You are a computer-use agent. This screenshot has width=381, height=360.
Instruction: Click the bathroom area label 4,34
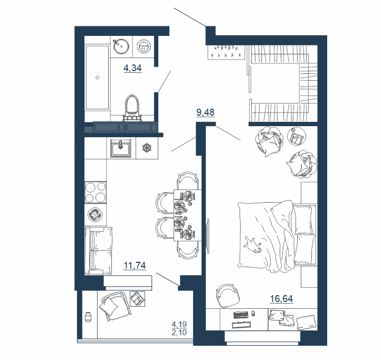click(132, 68)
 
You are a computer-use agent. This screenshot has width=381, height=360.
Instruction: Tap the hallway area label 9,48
click(205, 112)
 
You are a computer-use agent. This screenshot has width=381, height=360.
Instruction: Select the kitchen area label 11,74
click(135, 266)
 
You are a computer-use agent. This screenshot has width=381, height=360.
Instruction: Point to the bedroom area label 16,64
click(281, 298)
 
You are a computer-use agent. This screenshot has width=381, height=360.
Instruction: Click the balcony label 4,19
click(179, 324)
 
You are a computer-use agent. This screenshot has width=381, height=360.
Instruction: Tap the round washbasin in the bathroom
click(121, 45)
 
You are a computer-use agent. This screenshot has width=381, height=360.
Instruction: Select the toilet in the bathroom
click(132, 108)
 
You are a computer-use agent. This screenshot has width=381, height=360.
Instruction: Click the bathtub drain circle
click(98, 78)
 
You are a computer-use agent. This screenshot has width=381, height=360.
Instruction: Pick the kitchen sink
click(121, 148)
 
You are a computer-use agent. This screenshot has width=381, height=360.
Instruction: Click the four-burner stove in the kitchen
click(96, 192)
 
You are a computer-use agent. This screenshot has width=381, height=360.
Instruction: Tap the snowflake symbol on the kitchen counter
click(147, 148)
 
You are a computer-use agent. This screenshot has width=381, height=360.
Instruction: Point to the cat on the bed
click(253, 245)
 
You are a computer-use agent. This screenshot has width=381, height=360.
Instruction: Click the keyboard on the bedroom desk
click(241, 315)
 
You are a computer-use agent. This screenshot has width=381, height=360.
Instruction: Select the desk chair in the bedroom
click(227, 296)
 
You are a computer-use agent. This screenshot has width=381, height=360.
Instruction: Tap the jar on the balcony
click(88, 317)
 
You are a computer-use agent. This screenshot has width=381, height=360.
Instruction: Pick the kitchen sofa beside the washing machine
click(98, 251)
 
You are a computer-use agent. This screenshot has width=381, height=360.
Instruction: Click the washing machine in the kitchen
click(95, 214)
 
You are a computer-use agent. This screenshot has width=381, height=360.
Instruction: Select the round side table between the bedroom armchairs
click(297, 136)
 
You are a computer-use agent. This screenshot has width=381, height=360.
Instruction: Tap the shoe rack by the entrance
click(226, 52)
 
